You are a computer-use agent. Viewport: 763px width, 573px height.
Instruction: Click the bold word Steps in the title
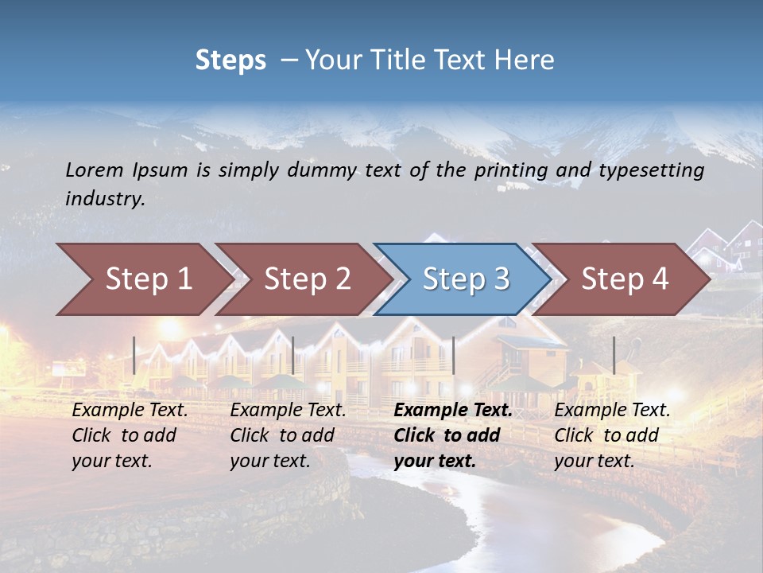[x=230, y=60]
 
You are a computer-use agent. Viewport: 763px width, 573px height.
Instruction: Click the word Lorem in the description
[x=95, y=170]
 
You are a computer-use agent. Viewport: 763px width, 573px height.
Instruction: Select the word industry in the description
[x=105, y=199]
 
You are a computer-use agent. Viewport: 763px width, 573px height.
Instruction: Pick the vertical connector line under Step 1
[x=134, y=355]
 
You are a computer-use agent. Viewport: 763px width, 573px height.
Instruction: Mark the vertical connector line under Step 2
[x=293, y=355]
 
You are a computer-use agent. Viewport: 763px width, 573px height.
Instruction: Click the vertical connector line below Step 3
[x=453, y=355]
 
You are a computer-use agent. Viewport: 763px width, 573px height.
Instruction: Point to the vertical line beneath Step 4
[x=614, y=355]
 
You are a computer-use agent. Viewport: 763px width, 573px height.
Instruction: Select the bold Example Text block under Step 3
[x=452, y=435]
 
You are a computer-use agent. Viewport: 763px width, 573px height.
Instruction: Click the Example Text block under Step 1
[x=130, y=435]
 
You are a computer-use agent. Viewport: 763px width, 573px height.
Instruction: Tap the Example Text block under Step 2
[x=288, y=435]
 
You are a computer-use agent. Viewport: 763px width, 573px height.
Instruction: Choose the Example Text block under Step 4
[x=611, y=435]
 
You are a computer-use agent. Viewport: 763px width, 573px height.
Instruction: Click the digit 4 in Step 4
[x=659, y=279]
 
